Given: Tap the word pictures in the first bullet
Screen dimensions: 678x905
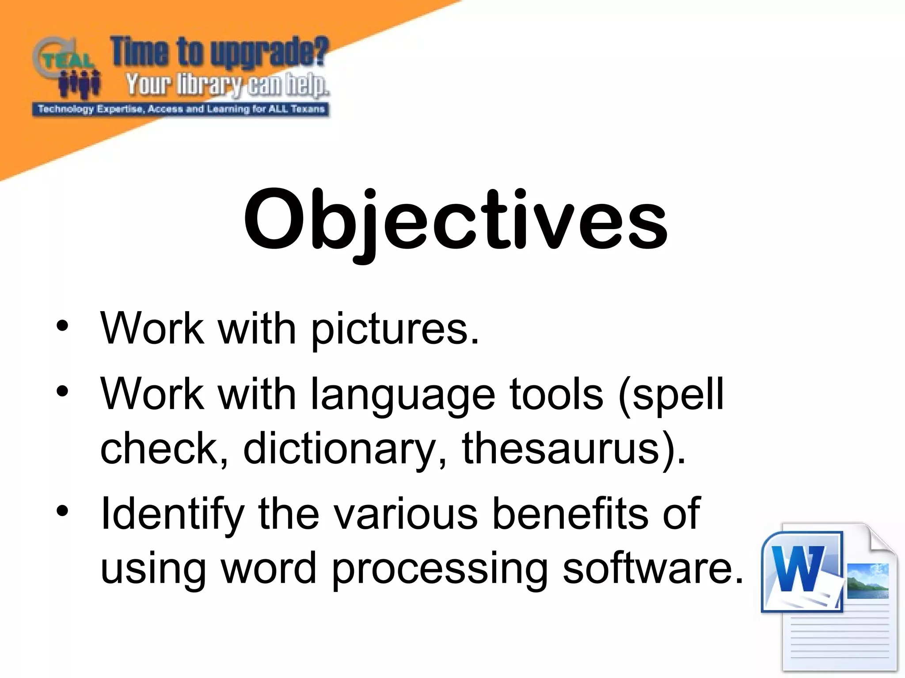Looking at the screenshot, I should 395,329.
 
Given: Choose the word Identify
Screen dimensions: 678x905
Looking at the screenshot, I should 172,514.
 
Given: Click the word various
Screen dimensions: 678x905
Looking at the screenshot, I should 405,514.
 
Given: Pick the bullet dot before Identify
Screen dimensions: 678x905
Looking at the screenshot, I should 62,511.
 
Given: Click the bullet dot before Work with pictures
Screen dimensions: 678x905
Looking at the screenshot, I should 62,326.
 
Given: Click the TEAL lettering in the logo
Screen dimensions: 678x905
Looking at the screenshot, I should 66,61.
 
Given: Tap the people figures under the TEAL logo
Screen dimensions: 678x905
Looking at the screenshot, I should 80,84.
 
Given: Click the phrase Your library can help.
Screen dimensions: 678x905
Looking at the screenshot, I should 227,85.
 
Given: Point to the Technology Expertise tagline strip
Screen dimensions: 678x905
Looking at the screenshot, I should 181,109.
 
